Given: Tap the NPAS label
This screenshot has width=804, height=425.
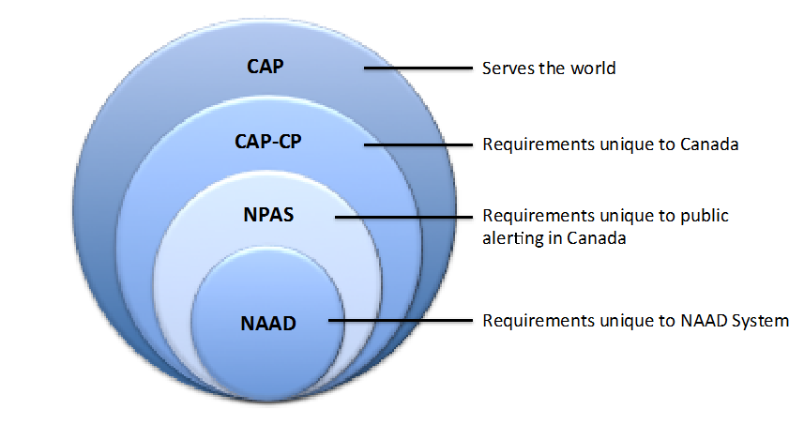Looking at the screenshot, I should [x=268, y=214].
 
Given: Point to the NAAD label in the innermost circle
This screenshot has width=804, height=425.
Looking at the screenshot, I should [x=268, y=324].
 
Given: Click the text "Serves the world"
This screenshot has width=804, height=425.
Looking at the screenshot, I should [x=549, y=68].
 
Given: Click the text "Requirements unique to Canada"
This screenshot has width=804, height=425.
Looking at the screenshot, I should [x=598, y=145].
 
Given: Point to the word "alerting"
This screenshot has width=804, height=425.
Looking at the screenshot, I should [x=510, y=238].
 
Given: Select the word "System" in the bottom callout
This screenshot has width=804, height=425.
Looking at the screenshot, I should [x=760, y=321].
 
